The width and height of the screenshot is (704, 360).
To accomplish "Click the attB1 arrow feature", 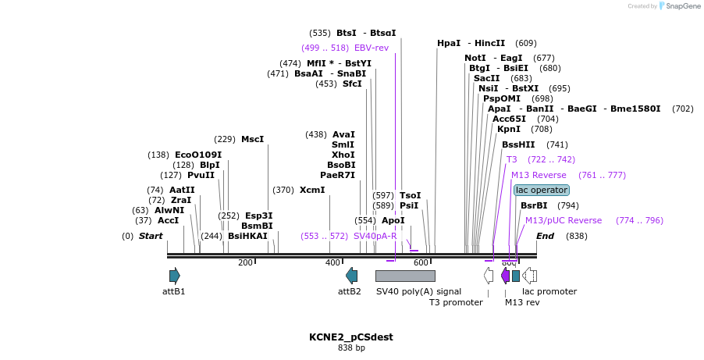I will (x=175, y=276).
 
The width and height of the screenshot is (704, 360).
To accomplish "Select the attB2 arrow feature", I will (x=352, y=276).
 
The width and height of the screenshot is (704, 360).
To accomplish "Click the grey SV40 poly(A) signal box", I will (x=405, y=276).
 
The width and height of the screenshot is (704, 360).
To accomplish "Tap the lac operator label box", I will (x=542, y=190).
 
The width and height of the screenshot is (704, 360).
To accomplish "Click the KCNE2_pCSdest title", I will (x=351, y=337).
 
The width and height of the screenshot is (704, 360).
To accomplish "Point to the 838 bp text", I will (x=351, y=348).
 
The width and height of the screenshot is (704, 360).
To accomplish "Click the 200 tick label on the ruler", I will (x=245, y=262).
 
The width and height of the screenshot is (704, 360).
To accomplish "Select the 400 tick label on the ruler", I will (x=333, y=262).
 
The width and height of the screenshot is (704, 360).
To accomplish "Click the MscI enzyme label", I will (x=252, y=139).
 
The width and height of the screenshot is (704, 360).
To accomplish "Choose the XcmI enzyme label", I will (x=312, y=190).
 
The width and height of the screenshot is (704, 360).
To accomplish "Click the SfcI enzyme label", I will (x=352, y=84).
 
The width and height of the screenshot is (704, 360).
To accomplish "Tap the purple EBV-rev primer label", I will (x=372, y=48).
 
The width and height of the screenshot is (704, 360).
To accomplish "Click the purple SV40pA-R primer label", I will (x=375, y=236).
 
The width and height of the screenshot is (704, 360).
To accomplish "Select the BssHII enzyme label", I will (x=518, y=144).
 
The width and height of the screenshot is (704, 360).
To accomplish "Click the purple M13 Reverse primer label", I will (x=539, y=175).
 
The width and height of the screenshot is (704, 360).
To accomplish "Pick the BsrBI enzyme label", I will (x=534, y=205).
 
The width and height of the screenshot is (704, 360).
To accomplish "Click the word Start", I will (x=151, y=236).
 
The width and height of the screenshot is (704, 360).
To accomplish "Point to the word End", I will (x=545, y=236).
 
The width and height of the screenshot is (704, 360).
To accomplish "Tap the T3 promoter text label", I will (x=456, y=302).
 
